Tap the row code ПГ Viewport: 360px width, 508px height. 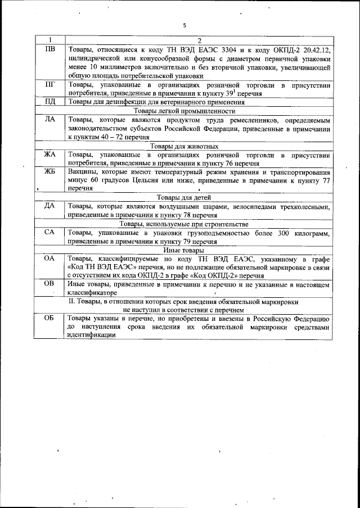point(49,85)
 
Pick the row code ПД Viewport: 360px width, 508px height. point(49,102)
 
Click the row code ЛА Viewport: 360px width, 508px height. point(49,120)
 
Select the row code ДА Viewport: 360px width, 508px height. point(49,206)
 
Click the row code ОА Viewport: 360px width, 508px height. point(49,258)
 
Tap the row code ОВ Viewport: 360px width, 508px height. point(49,284)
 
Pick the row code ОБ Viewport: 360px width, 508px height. point(49,318)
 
